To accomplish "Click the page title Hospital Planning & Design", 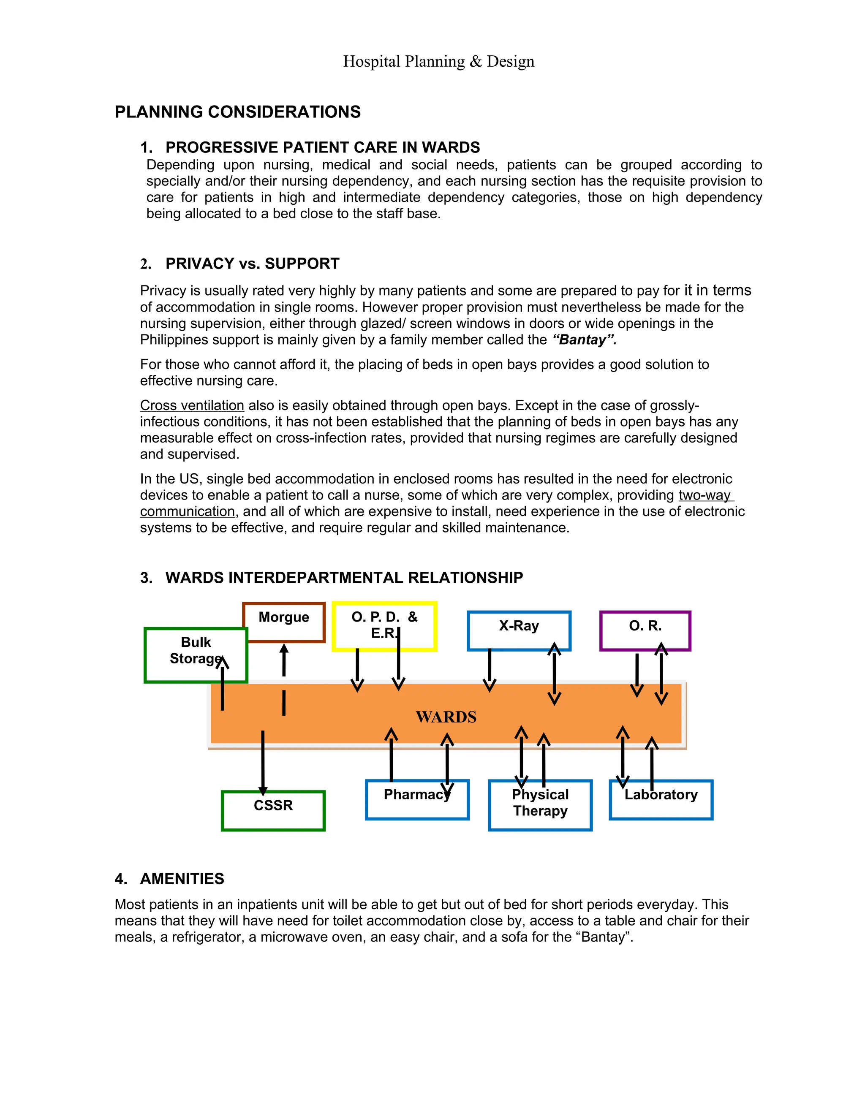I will (x=439, y=62).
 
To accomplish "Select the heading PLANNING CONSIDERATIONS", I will (x=238, y=112).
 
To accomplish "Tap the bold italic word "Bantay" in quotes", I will (x=584, y=340).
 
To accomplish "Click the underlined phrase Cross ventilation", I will (x=192, y=405).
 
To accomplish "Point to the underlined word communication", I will (x=188, y=511).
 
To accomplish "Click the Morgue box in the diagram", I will (x=284, y=622).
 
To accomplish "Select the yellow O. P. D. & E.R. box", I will (x=384, y=626).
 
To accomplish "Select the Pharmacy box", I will (x=417, y=799).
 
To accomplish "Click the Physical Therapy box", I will (x=540, y=804).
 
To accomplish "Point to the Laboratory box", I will (x=661, y=799).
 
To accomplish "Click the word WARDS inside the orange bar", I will (x=446, y=717).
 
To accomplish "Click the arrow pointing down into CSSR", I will (x=263, y=763).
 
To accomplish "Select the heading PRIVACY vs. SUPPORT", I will (x=252, y=264).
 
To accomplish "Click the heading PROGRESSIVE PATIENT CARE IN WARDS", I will (x=322, y=147).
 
